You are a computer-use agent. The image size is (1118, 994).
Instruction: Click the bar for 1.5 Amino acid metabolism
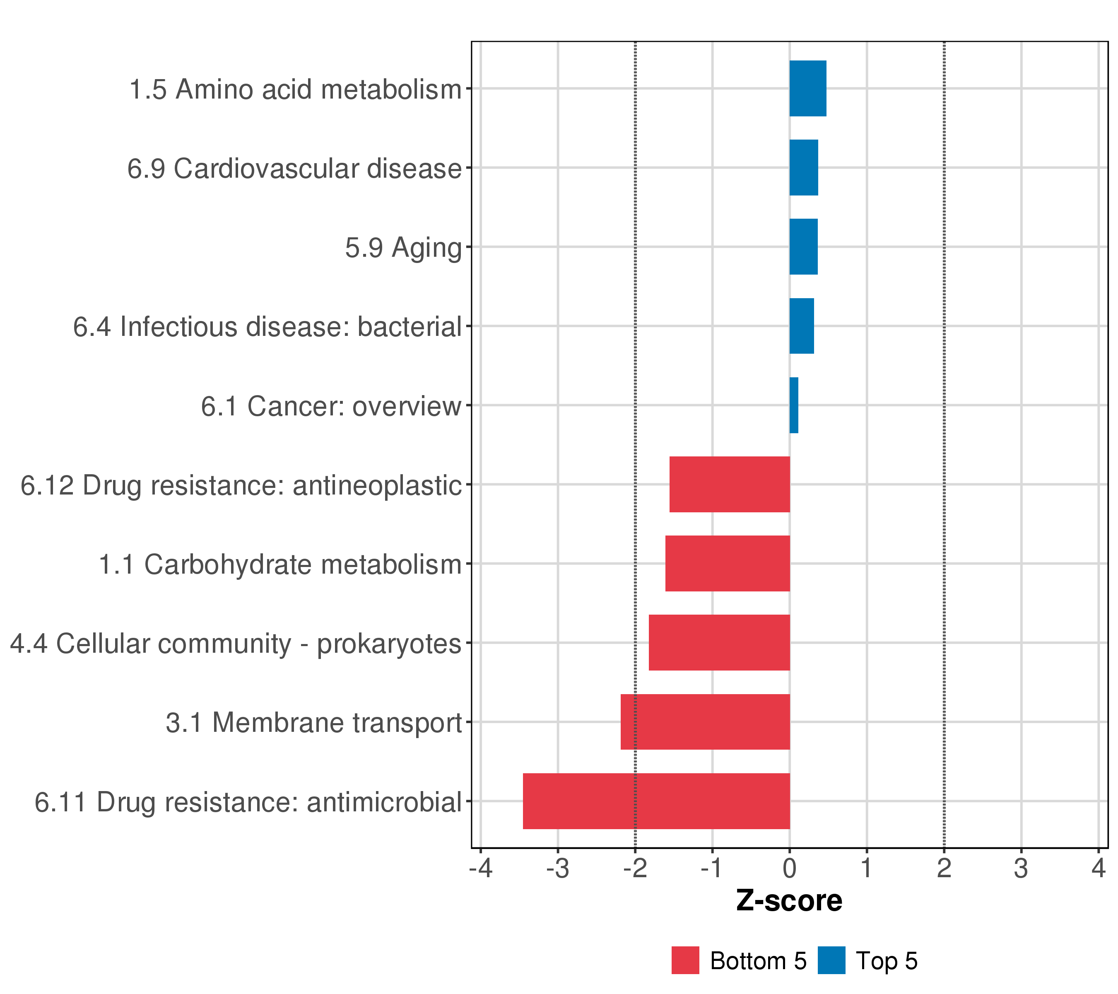coord(807,89)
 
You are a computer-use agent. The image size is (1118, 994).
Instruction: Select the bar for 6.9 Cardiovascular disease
coord(803,167)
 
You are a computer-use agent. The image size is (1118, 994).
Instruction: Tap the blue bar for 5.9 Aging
coord(803,247)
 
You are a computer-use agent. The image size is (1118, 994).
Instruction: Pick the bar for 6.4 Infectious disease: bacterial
coord(801,326)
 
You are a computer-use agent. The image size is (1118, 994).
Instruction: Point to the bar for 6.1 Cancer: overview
coord(794,405)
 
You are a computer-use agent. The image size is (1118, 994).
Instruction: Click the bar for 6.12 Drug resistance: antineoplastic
coord(730,484)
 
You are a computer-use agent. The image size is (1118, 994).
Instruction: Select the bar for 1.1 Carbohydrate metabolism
coord(728,563)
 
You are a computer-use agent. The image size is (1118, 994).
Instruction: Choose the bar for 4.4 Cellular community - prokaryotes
coord(719,642)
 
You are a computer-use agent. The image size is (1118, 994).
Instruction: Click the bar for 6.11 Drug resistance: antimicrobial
coord(656,801)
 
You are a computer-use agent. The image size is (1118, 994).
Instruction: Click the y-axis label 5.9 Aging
coord(404,248)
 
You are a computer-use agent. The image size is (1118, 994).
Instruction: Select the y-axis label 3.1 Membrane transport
coord(314,723)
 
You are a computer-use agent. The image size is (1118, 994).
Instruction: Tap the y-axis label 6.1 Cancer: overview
coord(331,406)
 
